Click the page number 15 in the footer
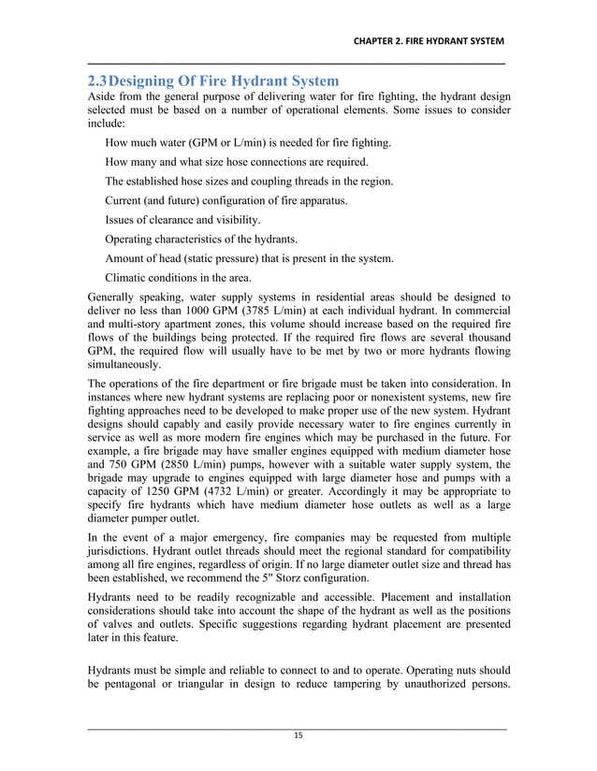(298, 736)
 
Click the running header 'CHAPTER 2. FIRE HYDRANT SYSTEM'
(428, 42)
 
